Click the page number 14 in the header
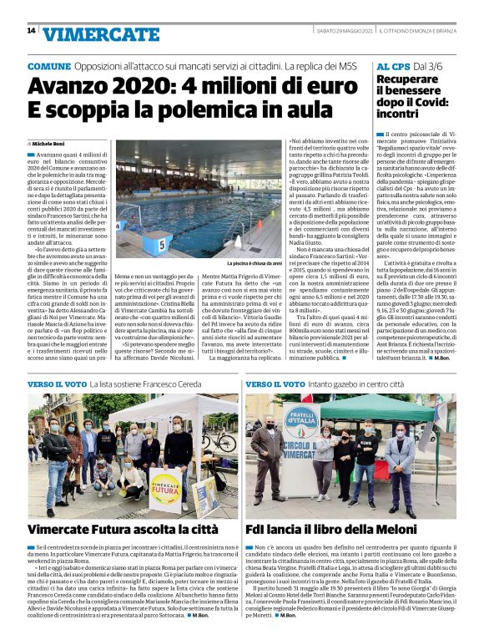tap(31, 30)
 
